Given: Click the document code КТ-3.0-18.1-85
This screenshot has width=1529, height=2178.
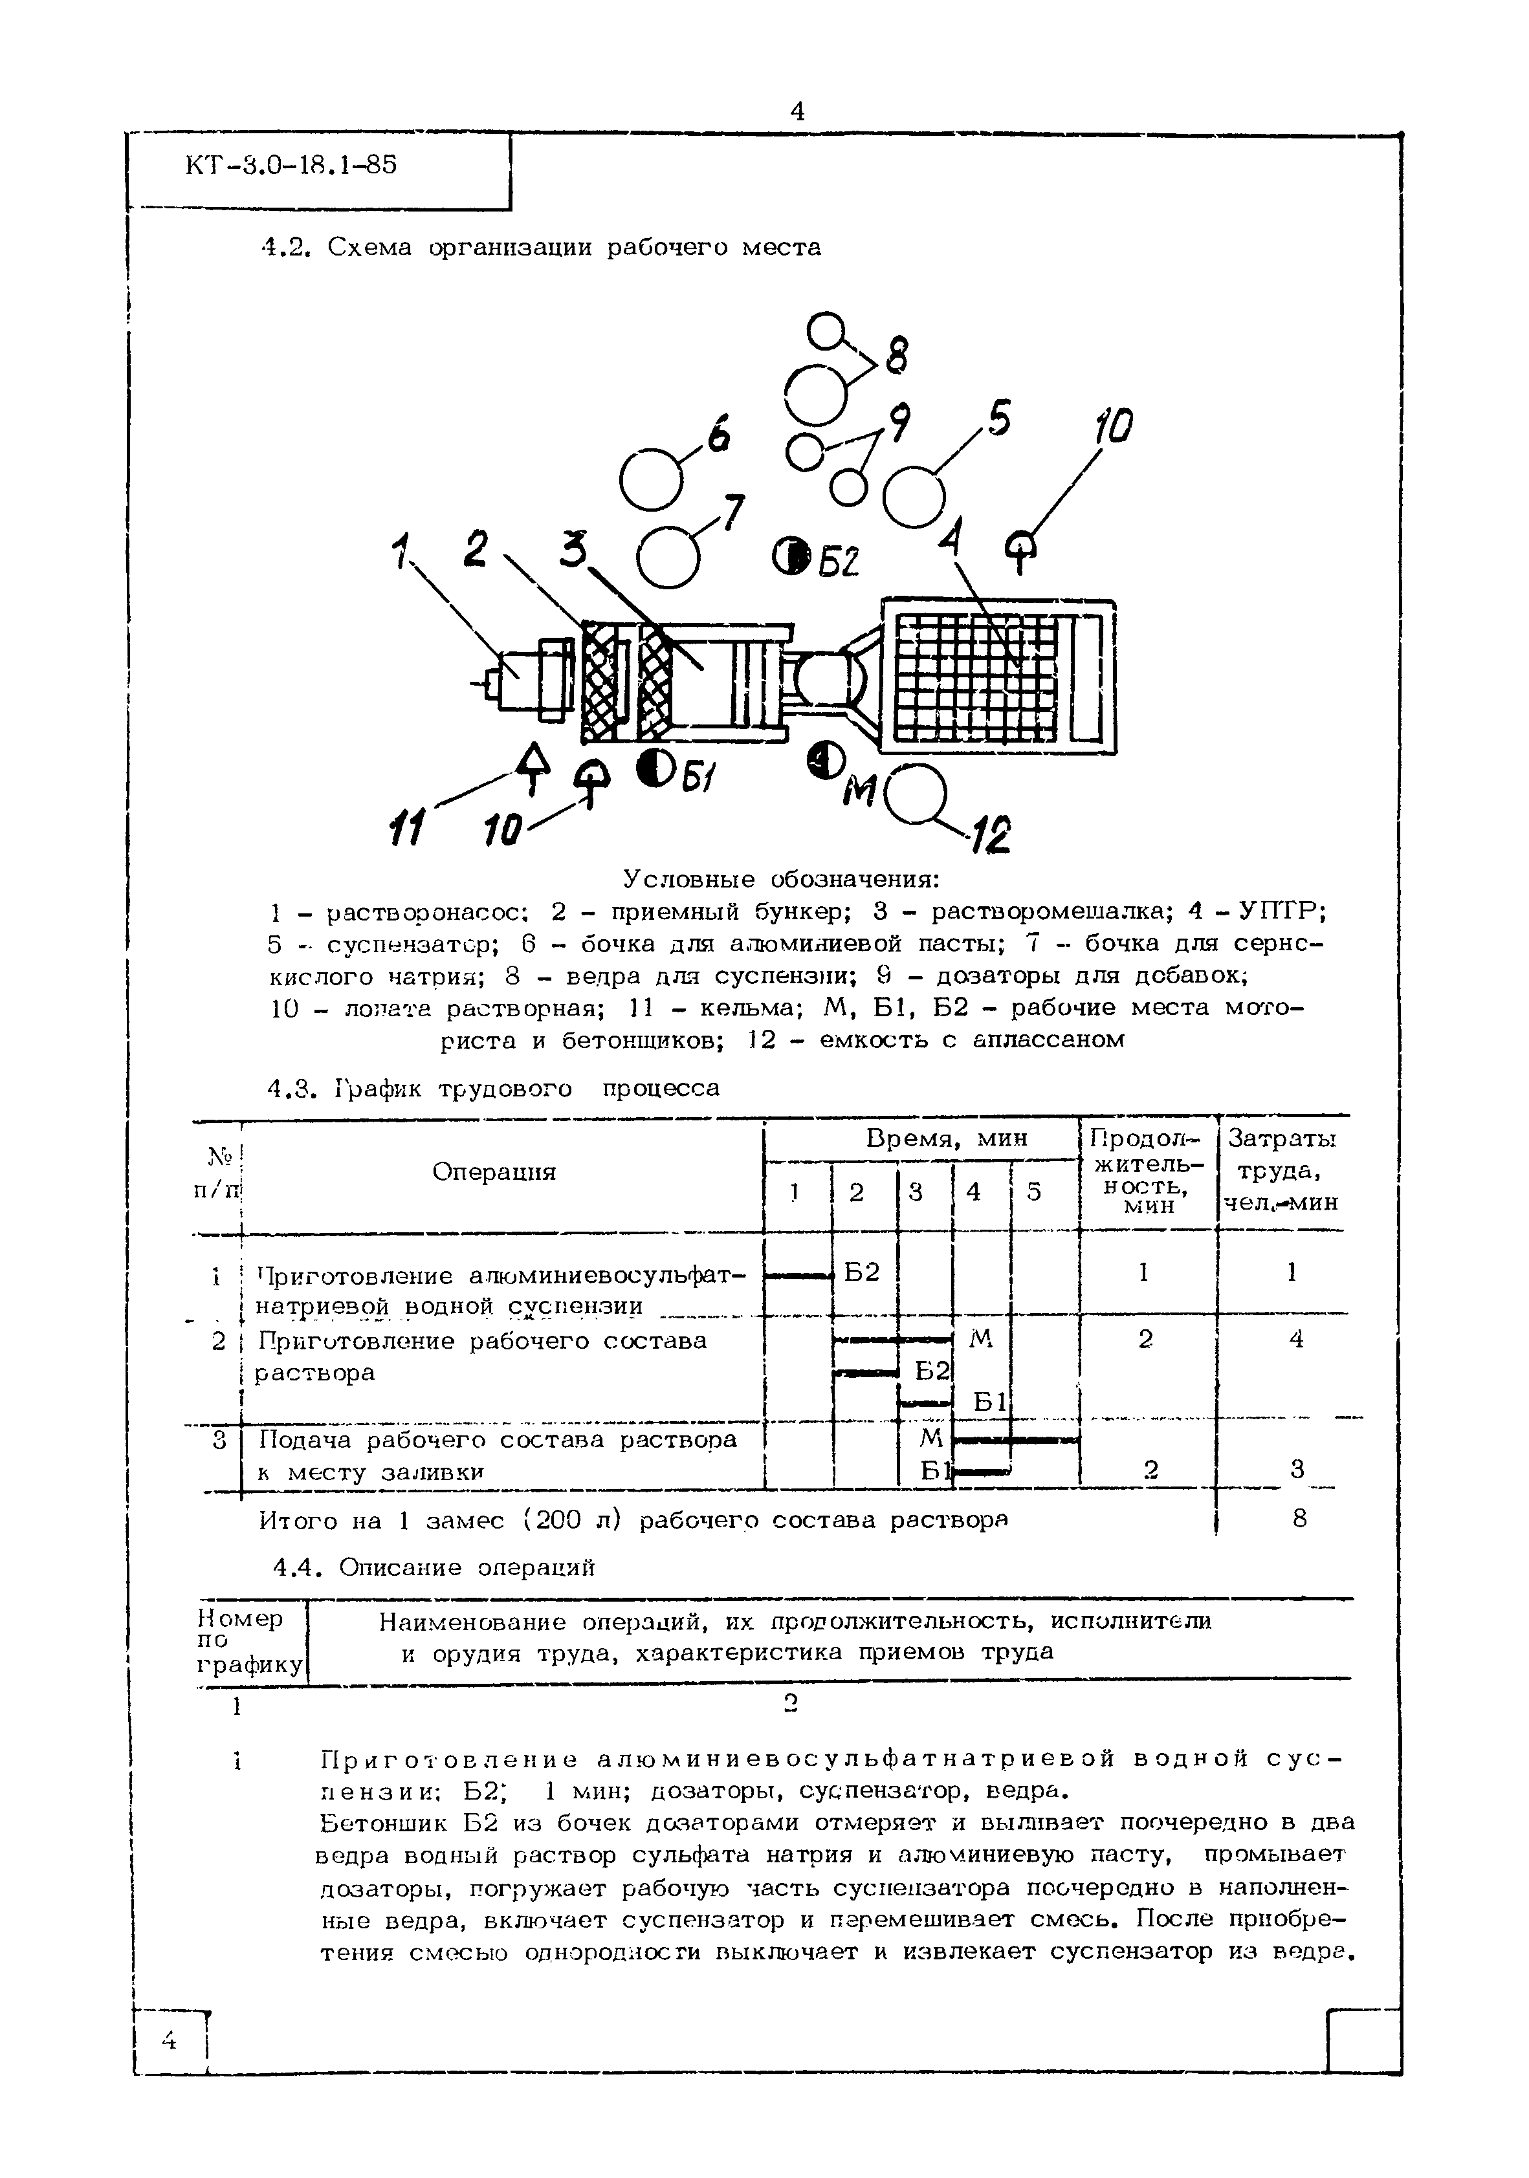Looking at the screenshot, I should (291, 166).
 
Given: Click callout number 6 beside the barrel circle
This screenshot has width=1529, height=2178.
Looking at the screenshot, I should (718, 437).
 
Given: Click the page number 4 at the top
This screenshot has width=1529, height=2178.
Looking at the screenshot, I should (797, 112).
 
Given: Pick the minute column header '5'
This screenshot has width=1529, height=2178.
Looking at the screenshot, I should (1035, 1192).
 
